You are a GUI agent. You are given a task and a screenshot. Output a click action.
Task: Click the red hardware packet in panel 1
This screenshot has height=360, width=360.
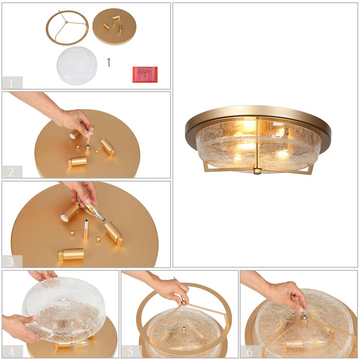pos(145,74)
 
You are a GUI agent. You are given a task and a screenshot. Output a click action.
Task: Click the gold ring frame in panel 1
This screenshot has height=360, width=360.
pos(67,27)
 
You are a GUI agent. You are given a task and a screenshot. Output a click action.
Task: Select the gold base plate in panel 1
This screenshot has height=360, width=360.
pos(114,27)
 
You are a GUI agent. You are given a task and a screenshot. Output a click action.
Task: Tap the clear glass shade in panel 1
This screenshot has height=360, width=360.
pos(76,66)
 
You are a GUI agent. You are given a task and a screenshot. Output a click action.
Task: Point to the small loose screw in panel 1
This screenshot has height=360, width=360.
pos(108,62)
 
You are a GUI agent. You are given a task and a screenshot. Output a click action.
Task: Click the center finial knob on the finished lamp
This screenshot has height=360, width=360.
pos(257,171)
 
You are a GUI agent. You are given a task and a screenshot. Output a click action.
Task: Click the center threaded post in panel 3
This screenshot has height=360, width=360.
pos(85,229)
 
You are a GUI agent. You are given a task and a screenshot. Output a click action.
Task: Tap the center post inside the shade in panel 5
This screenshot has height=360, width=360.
pos(184,331)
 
